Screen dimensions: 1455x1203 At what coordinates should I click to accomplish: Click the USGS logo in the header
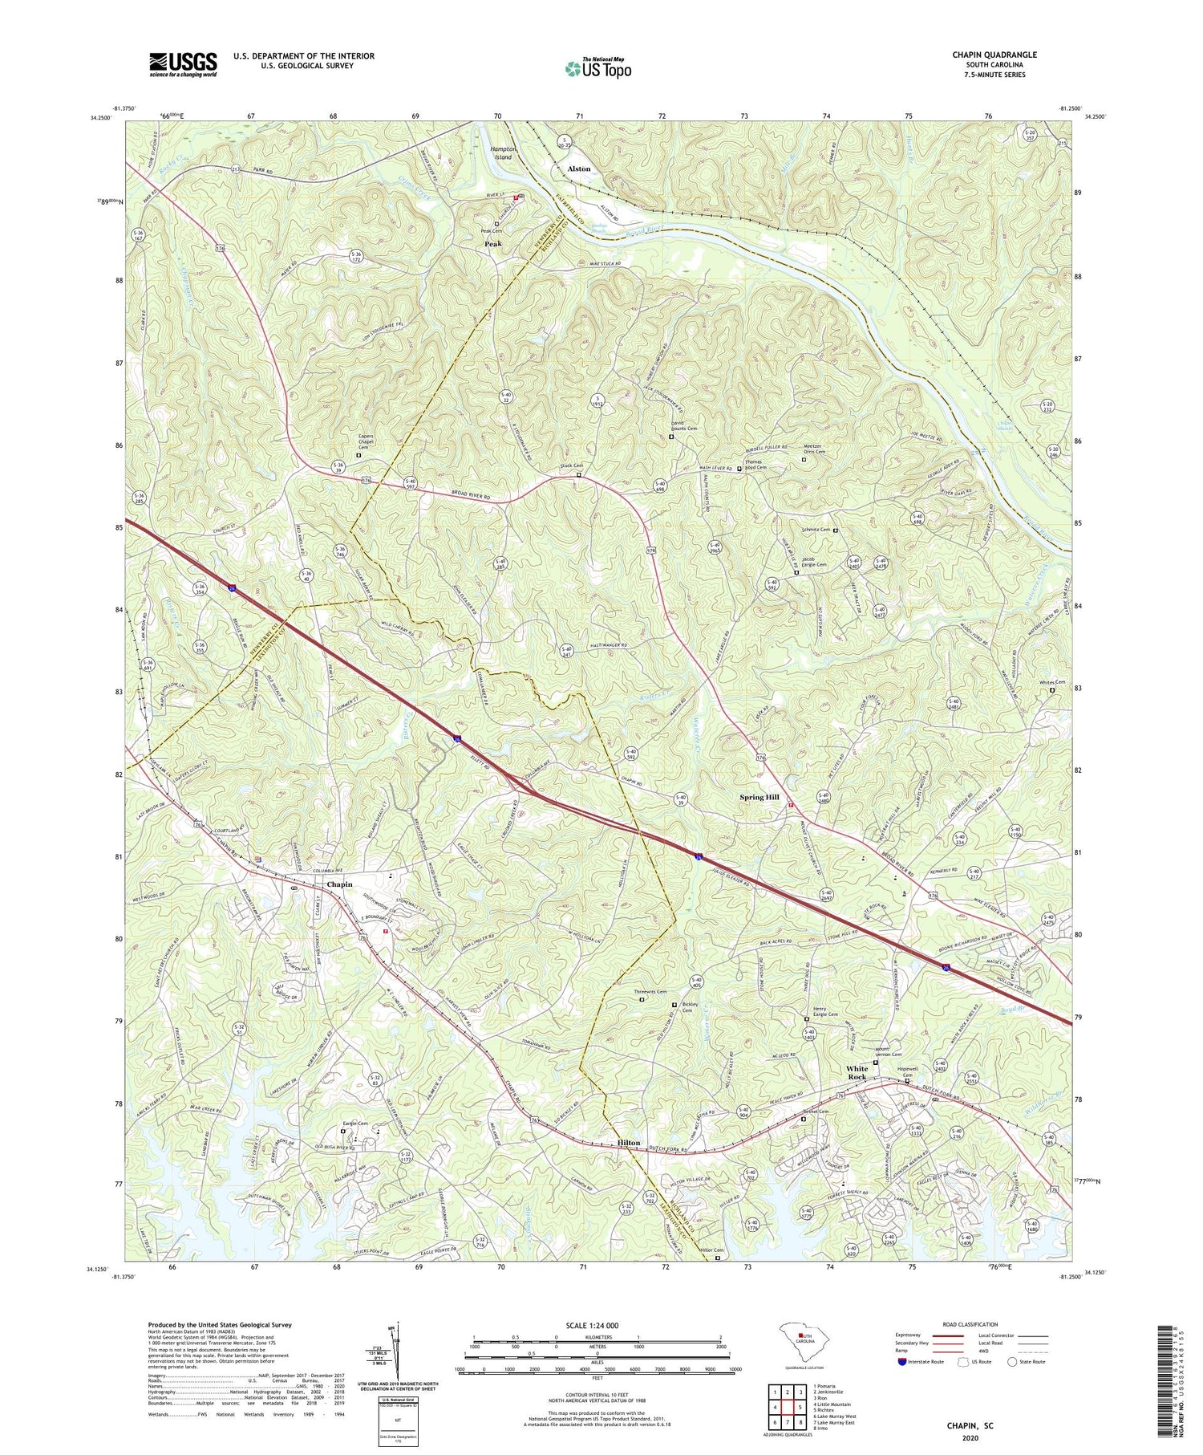[x=183, y=64]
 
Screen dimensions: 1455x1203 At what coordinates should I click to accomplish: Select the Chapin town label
[x=339, y=884]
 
